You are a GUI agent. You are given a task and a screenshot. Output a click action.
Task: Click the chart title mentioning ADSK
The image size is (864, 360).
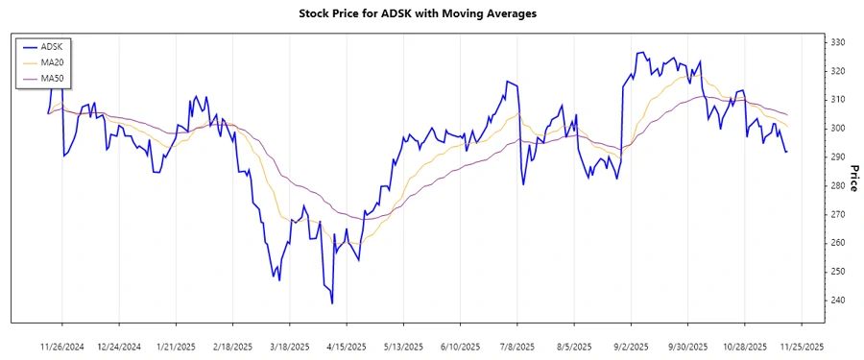tap(431, 13)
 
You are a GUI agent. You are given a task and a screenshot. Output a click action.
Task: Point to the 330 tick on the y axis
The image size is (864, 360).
tap(839, 42)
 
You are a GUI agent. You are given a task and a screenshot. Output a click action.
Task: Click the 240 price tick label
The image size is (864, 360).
tap(839, 300)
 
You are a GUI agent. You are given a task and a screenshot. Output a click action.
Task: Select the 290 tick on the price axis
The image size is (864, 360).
tap(839, 157)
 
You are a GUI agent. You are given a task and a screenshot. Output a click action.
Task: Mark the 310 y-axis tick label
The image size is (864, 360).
tap(839, 100)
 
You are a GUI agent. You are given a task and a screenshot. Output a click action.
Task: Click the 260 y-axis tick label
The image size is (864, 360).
tap(839, 243)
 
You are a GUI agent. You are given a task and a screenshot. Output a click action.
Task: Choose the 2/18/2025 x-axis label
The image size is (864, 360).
tap(233, 346)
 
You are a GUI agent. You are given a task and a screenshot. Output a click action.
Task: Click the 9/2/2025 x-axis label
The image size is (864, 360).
tap(631, 346)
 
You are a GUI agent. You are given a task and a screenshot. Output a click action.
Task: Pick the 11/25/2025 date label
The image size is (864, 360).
tap(801, 346)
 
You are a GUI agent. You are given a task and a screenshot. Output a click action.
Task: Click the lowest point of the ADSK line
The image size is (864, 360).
tap(332, 303)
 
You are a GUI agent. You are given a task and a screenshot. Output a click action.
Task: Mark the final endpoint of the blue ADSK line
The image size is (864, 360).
tap(787, 152)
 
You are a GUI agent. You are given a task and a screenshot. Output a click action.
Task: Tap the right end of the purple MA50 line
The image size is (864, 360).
tap(787, 115)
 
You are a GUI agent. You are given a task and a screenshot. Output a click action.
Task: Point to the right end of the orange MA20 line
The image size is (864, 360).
tap(787, 126)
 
